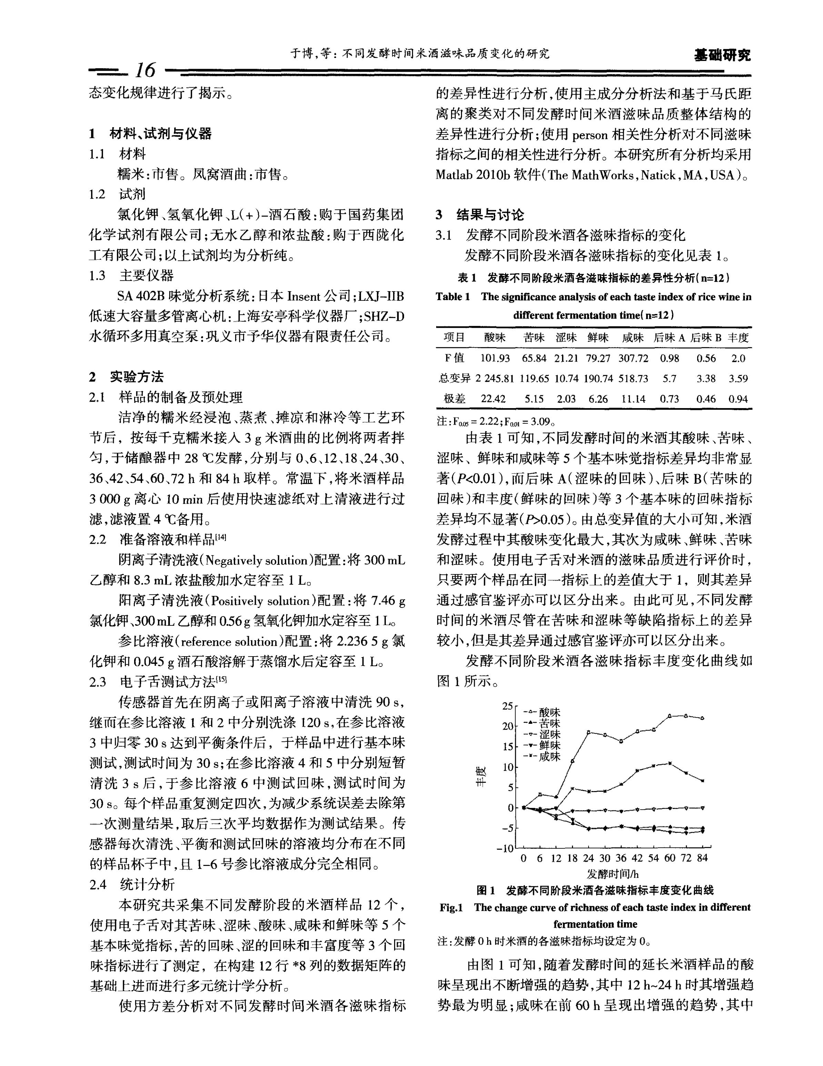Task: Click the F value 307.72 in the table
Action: point(633,358)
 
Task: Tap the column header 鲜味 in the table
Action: point(598,337)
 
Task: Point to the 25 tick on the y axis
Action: point(508,706)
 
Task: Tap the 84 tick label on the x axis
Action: point(702,858)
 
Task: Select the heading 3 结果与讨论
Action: point(480,215)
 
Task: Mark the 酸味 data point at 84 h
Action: point(702,718)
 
